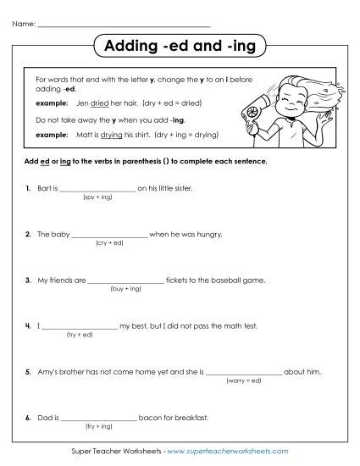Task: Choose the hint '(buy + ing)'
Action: point(125,288)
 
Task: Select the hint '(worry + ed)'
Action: point(243,380)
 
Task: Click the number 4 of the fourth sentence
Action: point(28,325)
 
